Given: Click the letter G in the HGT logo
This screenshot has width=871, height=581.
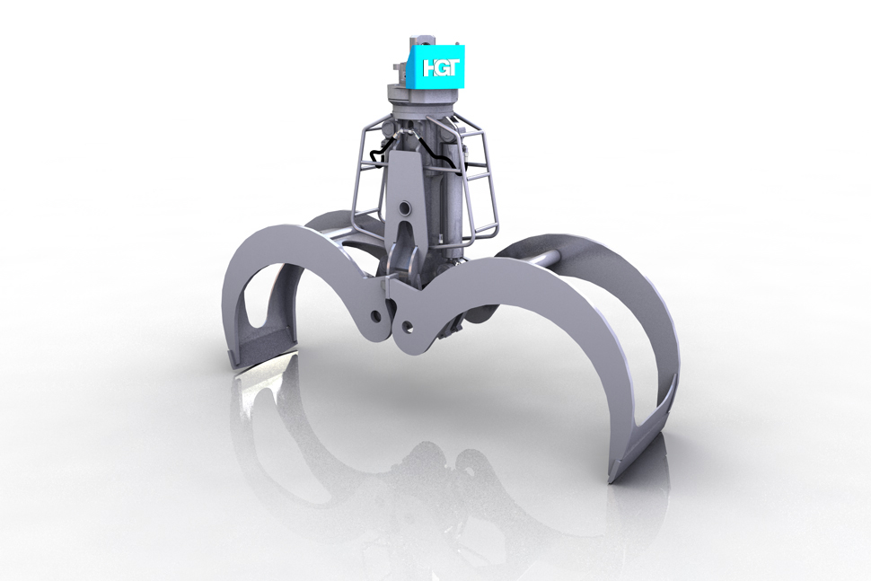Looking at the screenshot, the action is click(x=436, y=67).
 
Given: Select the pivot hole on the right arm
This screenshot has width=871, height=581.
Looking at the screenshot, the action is click(x=409, y=325).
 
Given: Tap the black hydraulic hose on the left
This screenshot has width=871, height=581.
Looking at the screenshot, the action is click(x=380, y=152).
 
